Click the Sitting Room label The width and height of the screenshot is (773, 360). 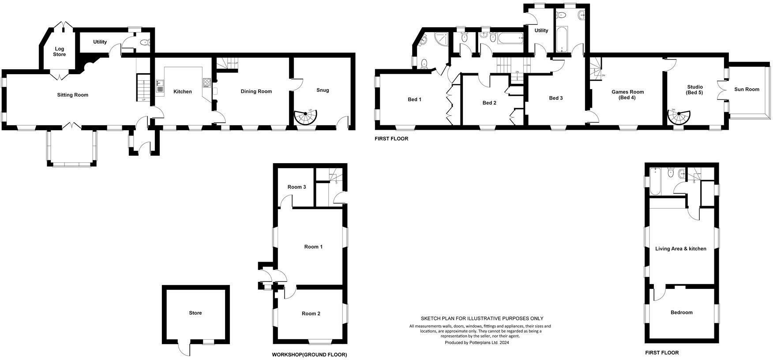pyautogui.click(x=73, y=95)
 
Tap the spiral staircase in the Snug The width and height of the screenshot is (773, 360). pyautogui.click(x=305, y=117)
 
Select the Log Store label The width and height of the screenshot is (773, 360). pyautogui.click(x=60, y=52)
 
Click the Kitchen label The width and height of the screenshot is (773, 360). pyautogui.click(x=182, y=92)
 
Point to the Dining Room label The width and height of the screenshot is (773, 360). pyautogui.click(x=256, y=92)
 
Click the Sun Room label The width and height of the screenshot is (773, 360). pyautogui.click(x=747, y=90)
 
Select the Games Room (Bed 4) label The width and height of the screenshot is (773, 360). pyautogui.click(x=627, y=95)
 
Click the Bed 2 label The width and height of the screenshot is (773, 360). pyautogui.click(x=489, y=103)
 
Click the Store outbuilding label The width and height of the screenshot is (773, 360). pyautogui.click(x=195, y=313)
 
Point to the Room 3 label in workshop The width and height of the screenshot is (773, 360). pyautogui.click(x=296, y=187)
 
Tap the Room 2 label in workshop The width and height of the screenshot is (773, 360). pyautogui.click(x=311, y=314)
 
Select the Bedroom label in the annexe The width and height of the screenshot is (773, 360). pyautogui.click(x=681, y=312)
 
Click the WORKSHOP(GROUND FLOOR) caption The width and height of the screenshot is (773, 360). pyautogui.click(x=309, y=355)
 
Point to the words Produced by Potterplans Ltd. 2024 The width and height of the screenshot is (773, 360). pyautogui.click(x=477, y=342)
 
